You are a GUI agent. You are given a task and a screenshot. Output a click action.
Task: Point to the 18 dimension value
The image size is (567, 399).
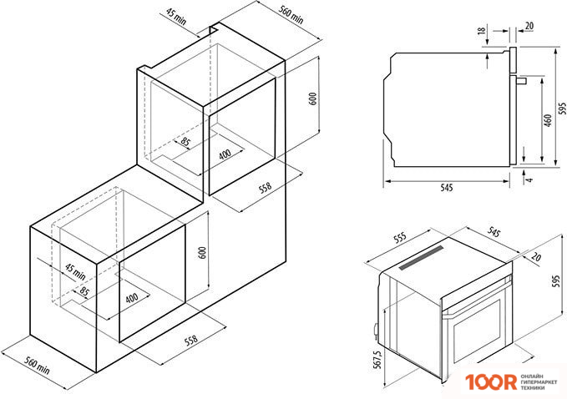click(x=482, y=31)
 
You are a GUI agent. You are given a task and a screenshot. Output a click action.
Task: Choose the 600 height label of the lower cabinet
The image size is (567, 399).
click(x=201, y=254)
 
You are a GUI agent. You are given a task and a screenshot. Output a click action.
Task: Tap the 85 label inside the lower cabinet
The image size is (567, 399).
click(x=85, y=293)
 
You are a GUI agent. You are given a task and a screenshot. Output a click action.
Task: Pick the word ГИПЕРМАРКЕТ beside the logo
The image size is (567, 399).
click(x=540, y=382)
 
